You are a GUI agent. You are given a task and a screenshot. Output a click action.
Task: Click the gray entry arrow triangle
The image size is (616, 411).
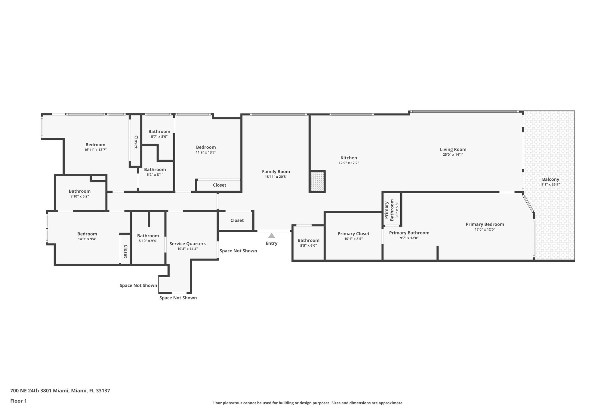pos(272,236)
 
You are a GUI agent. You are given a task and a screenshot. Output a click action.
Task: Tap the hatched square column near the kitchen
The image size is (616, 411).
pos(317,181)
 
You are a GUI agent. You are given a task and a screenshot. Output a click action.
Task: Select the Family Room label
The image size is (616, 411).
pos(276,172)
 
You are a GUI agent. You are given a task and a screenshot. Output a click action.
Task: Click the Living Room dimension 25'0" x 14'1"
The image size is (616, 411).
pos(453,154)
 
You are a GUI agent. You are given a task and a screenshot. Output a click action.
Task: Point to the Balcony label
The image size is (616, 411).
pos(550,179)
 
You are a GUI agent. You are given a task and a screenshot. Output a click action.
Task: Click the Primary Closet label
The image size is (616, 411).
pos(353,234)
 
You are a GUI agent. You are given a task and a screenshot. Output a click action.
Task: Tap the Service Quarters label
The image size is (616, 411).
pos(187,244)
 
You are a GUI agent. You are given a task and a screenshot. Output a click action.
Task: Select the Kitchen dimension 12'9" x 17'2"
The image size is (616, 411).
pos(349,163)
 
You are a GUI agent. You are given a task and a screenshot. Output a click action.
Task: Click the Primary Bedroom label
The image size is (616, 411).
pos(485,224)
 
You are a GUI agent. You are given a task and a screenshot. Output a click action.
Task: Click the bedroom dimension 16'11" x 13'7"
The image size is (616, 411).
pos(95,150)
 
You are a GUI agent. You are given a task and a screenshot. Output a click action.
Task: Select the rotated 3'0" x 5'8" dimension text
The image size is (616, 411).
pos(397,210)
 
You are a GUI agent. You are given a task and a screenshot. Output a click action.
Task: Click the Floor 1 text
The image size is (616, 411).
pos(18,401)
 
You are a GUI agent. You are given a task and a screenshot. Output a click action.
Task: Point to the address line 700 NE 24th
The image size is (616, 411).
pos(60,391)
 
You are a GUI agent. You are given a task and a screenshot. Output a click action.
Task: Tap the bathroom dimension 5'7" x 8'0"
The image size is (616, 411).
pos(159,137)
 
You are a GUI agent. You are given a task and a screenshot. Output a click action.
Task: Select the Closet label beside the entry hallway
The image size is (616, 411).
pos(237,220)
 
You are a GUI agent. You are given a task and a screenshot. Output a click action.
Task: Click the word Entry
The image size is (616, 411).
pos(272,243)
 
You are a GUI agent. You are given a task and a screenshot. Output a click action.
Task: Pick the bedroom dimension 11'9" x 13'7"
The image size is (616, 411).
pos(206,152)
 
